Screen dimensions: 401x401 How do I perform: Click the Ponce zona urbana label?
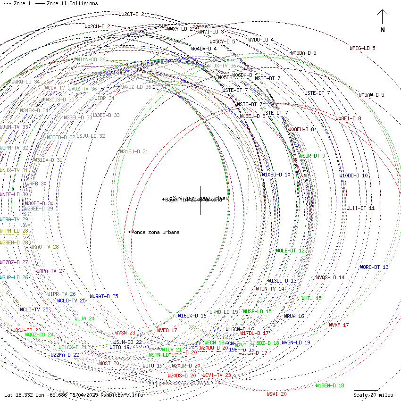click(x=155, y=232)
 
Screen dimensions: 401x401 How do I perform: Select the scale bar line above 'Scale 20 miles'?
click(x=366, y=391)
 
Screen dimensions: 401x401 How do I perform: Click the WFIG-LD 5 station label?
click(x=362, y=48)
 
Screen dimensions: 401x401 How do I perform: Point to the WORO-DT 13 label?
click(x=374, y=267)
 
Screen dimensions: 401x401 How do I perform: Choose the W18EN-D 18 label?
click(x=330, y=385)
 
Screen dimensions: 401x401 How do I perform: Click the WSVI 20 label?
click(x=276, y=394)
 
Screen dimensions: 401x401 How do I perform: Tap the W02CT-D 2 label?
click(x=132, y=15)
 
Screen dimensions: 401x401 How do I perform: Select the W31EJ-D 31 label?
click(x=134, y=152)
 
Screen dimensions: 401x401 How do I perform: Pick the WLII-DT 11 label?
click(x=360, y=208)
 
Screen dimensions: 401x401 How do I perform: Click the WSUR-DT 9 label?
click(x=312, y=156)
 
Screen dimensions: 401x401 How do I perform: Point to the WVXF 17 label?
click(x=339, y=325)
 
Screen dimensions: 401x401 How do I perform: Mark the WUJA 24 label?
click(x=84, y=318)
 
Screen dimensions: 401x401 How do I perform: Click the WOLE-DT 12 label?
click(x=290, y=251)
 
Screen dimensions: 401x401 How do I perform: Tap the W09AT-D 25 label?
click(x=104, y=296)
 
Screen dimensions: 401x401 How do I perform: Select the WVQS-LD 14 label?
click(x=330, y=277)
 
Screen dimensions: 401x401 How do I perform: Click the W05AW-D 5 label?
click(x=371, y=95)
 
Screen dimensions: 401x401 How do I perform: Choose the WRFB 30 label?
click(x=36, y=184)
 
